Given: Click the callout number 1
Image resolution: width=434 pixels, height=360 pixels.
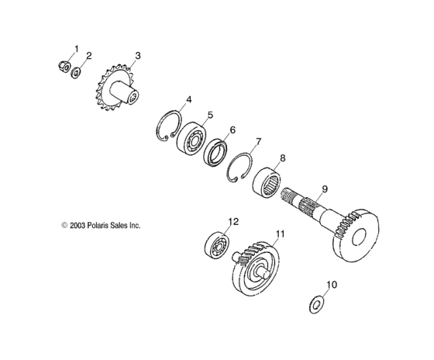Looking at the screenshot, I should pyautogui.click(x=76, y=50).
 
